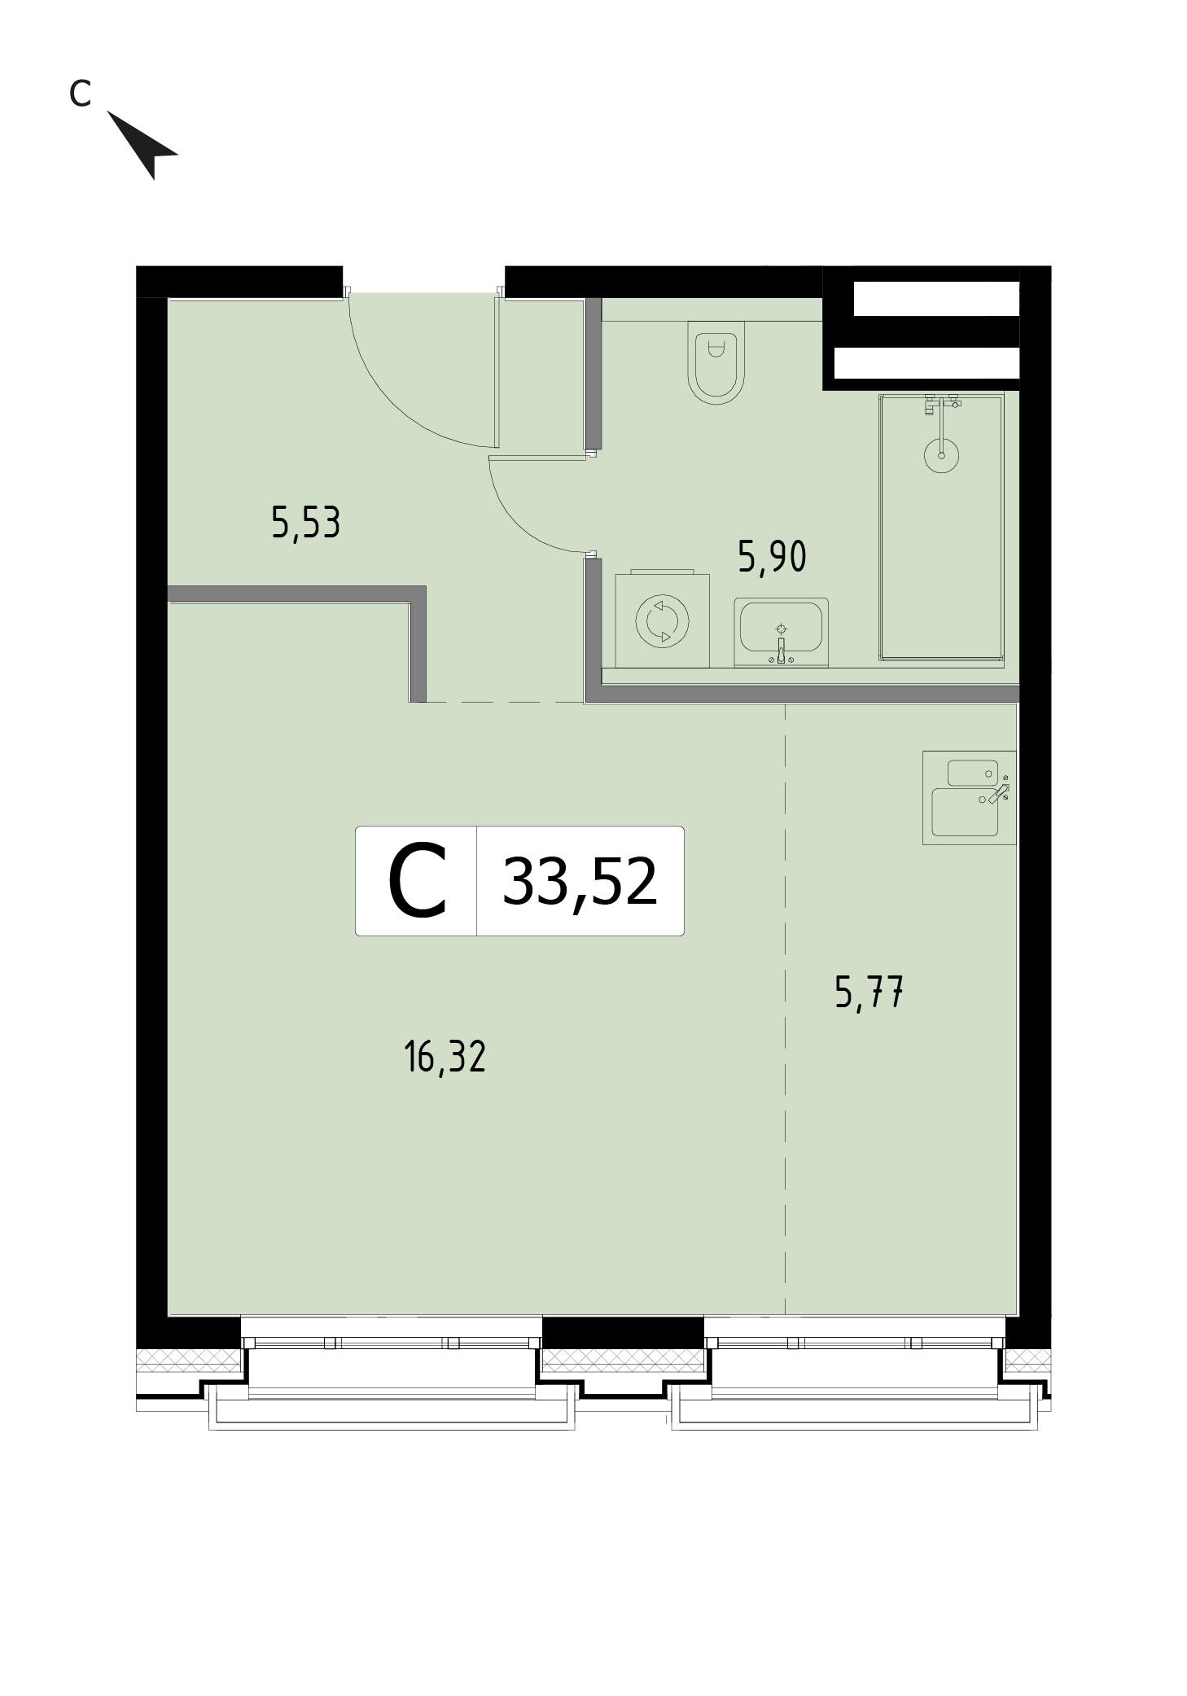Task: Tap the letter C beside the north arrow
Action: coord(79,94)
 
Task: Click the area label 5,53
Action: coord(305,523)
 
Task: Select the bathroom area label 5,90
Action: coord(772,557)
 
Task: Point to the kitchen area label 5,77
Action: coord(869,993)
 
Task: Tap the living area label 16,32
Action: coord(445,1057)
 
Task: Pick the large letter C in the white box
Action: coord(417,881)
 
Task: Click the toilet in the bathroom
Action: coord(716,362)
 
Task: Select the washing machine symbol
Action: coord(662,620)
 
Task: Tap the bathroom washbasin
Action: coord(781,631)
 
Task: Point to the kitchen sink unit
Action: coord(969,797)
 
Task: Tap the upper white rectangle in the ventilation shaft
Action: coord(936,298)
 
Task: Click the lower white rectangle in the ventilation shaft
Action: coord(927,363)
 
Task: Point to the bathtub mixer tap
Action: coord(941,405)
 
